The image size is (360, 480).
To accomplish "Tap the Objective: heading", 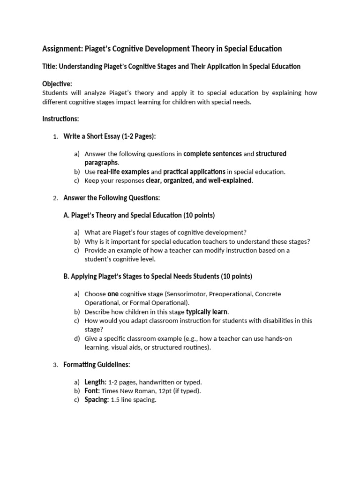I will (x=57, y=84).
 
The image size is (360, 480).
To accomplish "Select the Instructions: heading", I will (x=60, y=119).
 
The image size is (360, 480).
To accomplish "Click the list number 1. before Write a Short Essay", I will (x=55, y=136).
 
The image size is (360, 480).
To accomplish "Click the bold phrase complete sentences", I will (x=212, y=154).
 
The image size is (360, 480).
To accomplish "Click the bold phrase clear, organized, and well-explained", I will (x=199, y=180).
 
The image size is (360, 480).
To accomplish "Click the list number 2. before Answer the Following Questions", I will (x=55, y=198).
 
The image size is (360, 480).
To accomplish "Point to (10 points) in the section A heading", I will (x=199, y=215).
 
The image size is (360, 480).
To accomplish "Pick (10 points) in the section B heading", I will (x=236, y=277).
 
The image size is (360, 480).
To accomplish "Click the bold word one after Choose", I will (x=113, y=294).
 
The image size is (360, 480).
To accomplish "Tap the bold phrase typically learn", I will (x=207, y=312).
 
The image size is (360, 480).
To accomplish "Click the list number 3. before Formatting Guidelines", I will (x=55, y=365).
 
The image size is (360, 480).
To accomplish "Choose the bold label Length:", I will (x=95, y=382).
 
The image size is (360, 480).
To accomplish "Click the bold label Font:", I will (x=92, y=391).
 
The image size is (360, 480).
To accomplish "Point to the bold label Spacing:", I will (x=97, y=400).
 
